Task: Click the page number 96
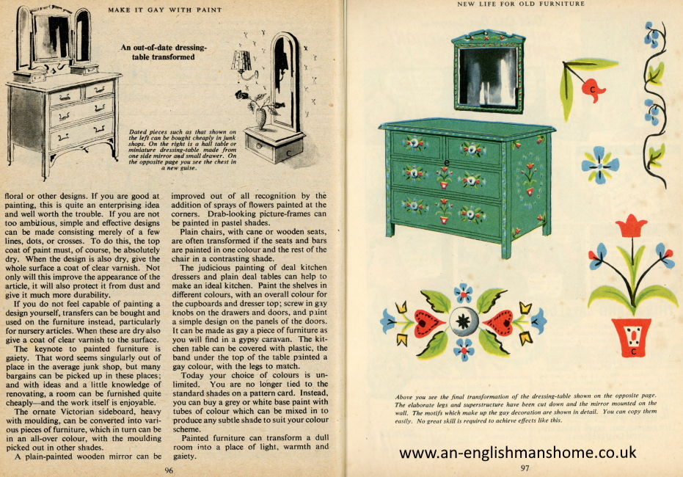tap(169, 470)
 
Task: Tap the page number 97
tap(525, 468)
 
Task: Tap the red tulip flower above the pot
tap(632, 225)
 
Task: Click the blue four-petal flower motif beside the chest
tap(601, 164)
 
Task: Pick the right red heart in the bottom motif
tap(500, 322)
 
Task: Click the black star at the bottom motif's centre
tap(464, 322)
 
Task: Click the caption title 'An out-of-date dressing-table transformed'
tap(164, 52)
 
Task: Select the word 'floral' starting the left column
tap(16, 197)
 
